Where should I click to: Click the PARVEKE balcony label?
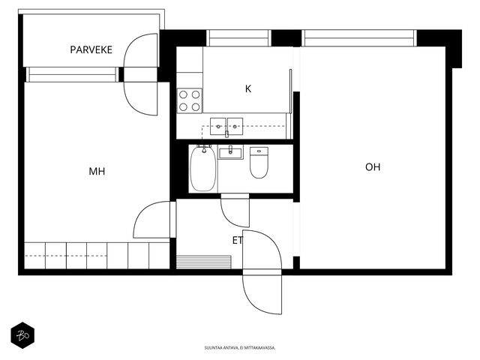tap(91, 49)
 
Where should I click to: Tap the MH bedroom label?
tap(97, 172)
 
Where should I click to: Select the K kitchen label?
tap(248, 88)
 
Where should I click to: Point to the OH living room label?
tap(373, 167)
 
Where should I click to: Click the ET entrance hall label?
tap(238, 240)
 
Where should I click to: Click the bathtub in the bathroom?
tap(202, 169)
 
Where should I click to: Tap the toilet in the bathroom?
tap(259, 163)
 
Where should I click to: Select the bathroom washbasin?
tap(230, 152)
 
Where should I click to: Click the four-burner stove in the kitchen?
tap(190, 100)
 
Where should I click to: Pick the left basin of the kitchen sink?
tap(218, 126)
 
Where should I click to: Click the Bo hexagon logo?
tap(22, 335)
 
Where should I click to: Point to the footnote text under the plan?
tap(240, 348)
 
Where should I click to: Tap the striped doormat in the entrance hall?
tap(204, 262)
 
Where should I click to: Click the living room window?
tap(359, 38)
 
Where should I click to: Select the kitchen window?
tap(238, 38)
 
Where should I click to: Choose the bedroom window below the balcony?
tap(72, 75)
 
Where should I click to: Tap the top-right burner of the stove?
tap(196, 94)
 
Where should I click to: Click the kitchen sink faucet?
tap(226, 133)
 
